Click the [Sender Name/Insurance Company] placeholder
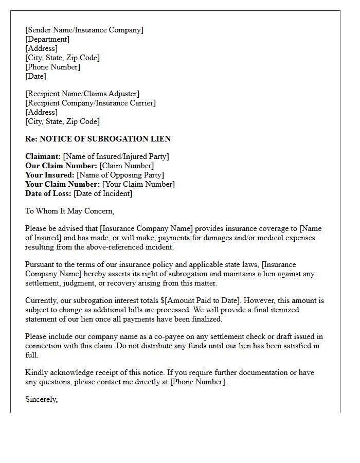pos(84,30)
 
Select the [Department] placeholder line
pos(47,39)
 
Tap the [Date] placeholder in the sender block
pos(35,76)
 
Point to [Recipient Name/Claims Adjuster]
pos(82,94)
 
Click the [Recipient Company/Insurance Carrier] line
pos(91,103)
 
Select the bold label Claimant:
pos(43,156)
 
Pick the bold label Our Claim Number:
pos(61,166)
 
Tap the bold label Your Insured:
pos(50,175)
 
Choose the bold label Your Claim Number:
pos(63,184)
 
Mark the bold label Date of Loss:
pos(48,193)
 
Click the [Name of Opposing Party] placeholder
pos(120,175)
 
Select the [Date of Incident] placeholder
pos(103,193)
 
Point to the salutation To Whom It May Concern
pos(69,211)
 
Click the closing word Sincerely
pos(41,399)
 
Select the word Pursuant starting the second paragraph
pos(40,264)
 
